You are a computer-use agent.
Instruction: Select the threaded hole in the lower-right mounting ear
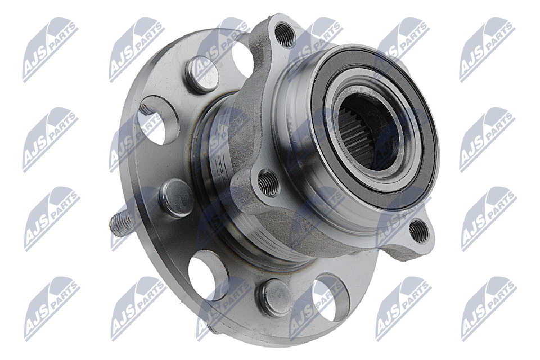pyautogui.click(x=419, y=229)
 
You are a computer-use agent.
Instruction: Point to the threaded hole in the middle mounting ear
pyautogui.click(x=268, y=182)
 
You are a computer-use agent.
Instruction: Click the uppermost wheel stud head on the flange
pyautogui.click(x=202, y=74)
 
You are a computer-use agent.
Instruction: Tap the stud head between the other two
pyautogui.click(x=178, y=199)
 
